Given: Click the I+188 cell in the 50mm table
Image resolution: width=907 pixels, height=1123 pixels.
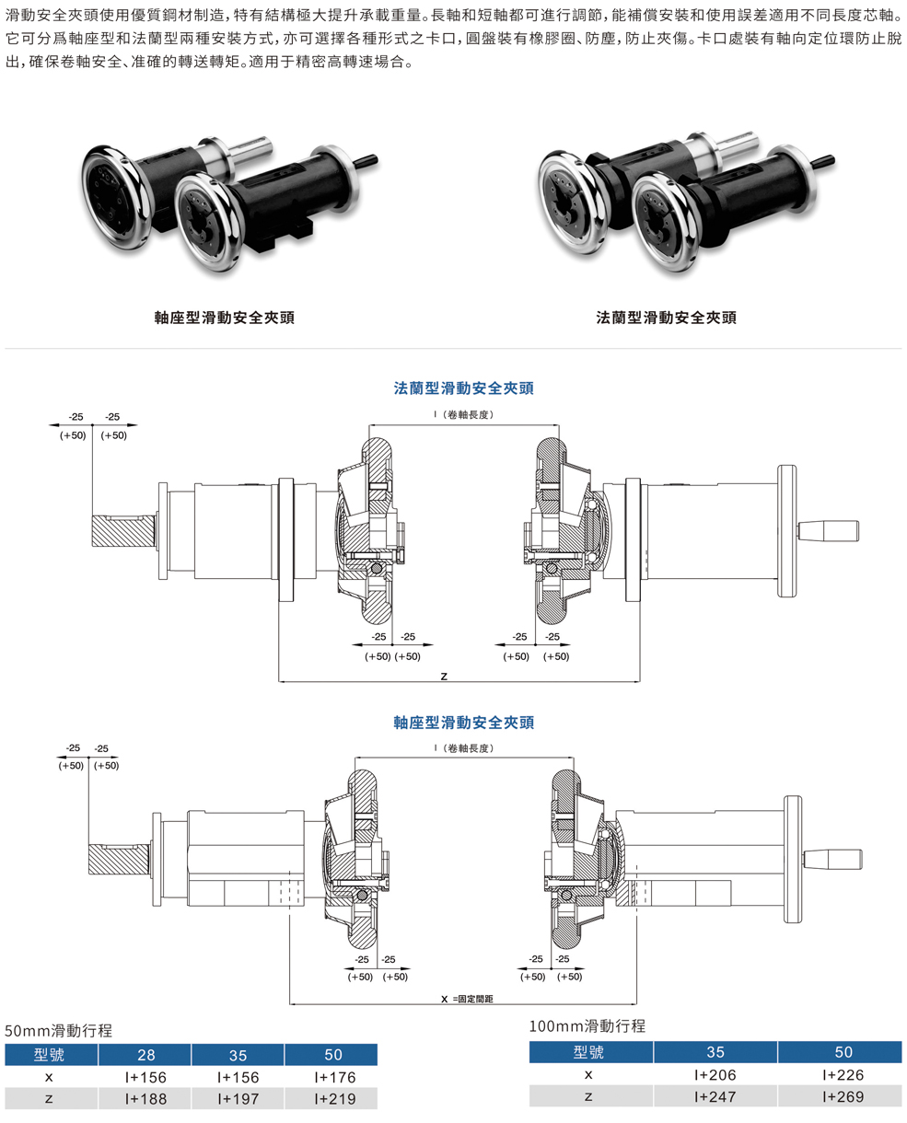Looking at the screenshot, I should [145, 1098].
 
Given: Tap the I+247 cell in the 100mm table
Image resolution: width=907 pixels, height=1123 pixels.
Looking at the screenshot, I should [715, 1095].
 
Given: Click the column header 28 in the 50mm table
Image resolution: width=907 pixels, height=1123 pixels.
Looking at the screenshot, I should [145, 1055].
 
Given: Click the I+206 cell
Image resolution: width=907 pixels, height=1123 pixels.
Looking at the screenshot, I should [715, 1074].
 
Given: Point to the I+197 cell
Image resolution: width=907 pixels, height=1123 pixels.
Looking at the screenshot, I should [238, 1098].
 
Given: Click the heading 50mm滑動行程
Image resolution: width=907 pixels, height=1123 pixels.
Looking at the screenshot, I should [59, 1030].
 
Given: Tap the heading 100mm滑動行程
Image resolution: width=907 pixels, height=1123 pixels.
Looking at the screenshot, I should [587, 1025].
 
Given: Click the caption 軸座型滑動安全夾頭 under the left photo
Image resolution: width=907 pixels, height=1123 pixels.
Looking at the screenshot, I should [225, 318].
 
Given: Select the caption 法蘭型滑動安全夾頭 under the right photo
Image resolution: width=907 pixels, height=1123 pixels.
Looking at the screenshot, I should [667, 318].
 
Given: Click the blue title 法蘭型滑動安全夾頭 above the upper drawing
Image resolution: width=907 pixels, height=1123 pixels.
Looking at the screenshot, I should [464, 388].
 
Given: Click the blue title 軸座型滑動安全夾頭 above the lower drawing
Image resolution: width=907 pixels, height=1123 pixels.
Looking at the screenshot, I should [464, 723].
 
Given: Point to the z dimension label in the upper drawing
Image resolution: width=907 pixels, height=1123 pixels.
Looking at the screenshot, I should [444, 676].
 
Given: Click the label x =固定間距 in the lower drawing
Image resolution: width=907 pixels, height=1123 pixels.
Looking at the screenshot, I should [467, 999].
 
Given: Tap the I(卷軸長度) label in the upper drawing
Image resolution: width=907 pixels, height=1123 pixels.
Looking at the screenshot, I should [463, 415].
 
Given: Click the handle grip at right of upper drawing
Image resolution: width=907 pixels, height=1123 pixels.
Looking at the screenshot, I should [828, 531].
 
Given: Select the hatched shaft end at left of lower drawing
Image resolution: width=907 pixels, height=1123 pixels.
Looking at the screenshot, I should [117, 859].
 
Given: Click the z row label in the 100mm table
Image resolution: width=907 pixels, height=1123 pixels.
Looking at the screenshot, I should [589, 1095].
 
